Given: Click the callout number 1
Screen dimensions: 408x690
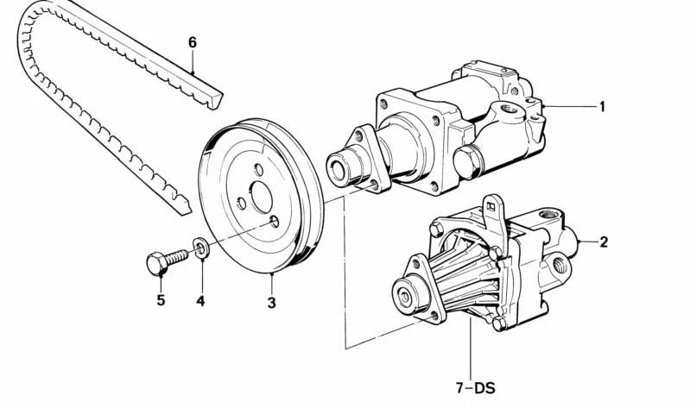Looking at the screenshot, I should pyautogui.click(x=602, y=107).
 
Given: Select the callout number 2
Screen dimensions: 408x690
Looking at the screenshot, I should pyautogui.click(x=604, y=242).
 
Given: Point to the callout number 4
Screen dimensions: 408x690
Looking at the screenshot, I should pyautogui.click(x=200, y=301).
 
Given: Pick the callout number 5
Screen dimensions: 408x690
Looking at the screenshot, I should pyautogui.click(x=160, y=301).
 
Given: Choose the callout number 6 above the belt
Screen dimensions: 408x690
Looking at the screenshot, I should pyautogui.click(x=193, y=41).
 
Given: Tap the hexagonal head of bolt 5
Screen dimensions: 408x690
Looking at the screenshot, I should pyautogui.click(x=156, y=262).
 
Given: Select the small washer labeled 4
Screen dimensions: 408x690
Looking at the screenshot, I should pyautogui.click(x=200, y=250).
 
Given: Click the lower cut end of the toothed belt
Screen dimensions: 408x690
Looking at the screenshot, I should pyautogui.click(x=180, y=204).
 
